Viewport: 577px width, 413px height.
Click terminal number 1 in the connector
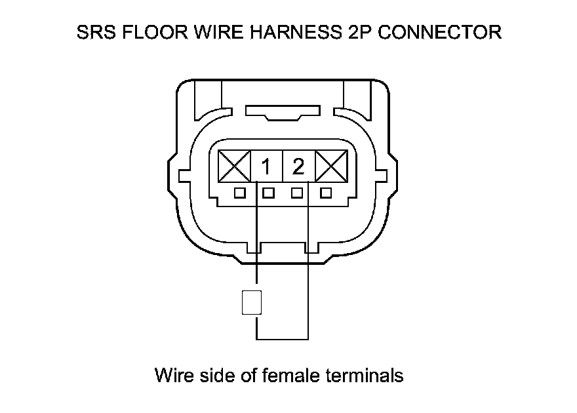[x=266, y=168]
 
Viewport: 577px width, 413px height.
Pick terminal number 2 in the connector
[x=298, y=168]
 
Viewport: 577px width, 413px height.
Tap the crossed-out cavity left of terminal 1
[x=234, y=167]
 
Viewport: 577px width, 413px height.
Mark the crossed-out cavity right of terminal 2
[x=330, y=167]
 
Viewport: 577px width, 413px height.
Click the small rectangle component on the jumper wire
[x=252, y=303]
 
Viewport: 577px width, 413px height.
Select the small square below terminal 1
[x=268, y=193]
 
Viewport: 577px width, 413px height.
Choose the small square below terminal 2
[x=297, y=193]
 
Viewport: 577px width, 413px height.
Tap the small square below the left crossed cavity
[x=240, y=193]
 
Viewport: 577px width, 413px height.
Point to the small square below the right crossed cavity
[x=325, y=193]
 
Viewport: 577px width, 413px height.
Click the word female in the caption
[x=291, y=376]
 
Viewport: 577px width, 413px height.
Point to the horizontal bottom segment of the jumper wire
[x=282, y=339]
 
